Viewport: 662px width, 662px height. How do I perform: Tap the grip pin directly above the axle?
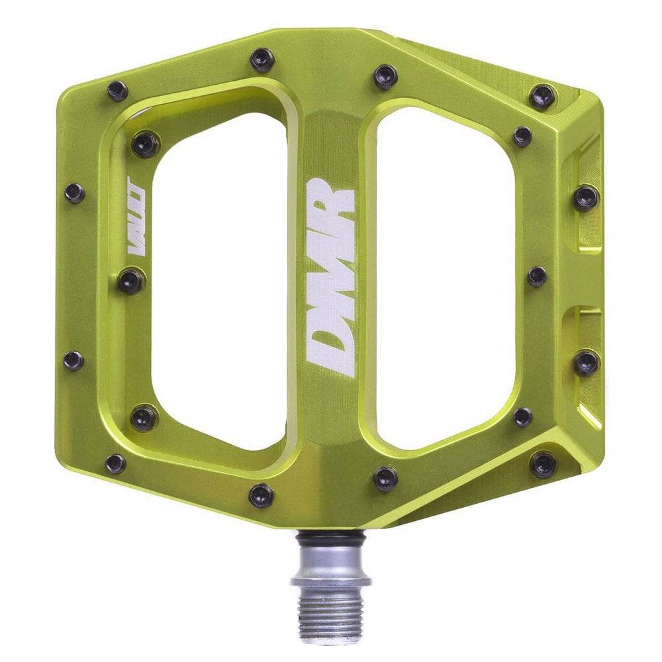click(x=385, y=477)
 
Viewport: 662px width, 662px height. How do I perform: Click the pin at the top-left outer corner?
click(x=118, y=91)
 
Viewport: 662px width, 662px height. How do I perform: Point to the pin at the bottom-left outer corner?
click(x=115, y=463)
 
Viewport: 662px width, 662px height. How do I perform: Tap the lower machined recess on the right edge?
click(x=583, y=344)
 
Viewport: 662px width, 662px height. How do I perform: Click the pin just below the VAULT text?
click(x=131, y=281)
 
